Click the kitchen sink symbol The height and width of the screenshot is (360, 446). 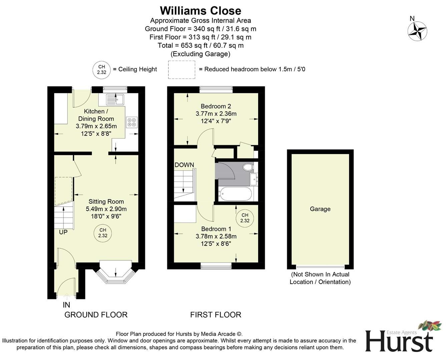coord(115,99)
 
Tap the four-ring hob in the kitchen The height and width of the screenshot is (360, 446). coord(131,122)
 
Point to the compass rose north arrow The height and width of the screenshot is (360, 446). coord(417,31)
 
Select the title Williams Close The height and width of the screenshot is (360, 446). coord(200,11)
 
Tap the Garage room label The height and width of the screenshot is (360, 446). coord(320,209)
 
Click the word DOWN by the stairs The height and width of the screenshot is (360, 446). coord(184,165)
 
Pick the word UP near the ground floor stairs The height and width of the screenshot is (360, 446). coord(63,232)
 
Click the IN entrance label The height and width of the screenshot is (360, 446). coord(66,305)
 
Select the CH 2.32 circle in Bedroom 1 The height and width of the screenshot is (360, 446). coord(245,218)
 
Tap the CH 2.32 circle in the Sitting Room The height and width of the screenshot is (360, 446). coord(102,233)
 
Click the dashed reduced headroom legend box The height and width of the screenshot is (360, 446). coord(181,70)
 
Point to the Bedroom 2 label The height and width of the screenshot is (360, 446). coord(216,106)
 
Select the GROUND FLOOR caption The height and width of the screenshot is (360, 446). coord(96,315)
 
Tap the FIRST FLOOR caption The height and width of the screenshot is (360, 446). coord(215,315)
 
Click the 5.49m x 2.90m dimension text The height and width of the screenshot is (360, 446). coord(106,209)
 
